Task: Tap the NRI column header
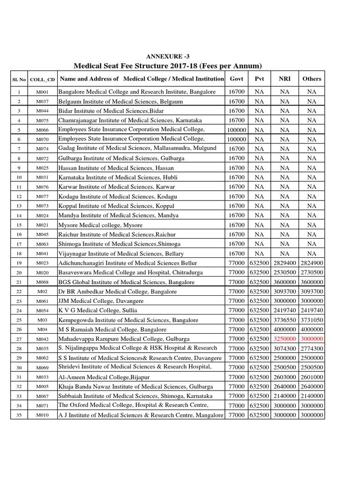point(285,79)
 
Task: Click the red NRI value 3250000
point(285,339)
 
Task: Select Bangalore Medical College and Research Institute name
point(137,92)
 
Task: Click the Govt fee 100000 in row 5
point(237,130)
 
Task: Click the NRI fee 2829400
point(285,263)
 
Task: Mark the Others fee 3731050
point(312,320)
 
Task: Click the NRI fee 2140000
point(285,396)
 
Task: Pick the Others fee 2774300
point(312,348)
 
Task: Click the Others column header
point(312,79)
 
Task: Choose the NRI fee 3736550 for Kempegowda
point(285,320)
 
